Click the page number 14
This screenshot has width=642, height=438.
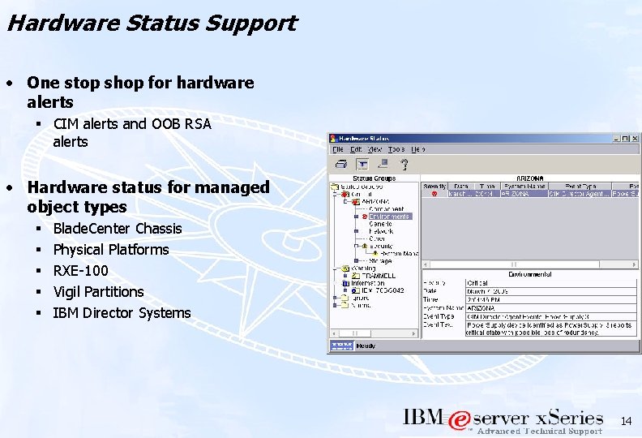tap(625, 421)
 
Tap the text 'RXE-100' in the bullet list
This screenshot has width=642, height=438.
tap(80, 270)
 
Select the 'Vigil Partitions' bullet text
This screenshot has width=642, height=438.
tap(98, 291)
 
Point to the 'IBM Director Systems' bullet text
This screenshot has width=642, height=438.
tap(122, 312)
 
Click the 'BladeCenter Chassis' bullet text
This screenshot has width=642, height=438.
tap(117, 228)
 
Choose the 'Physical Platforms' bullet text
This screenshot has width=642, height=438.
tap(110, 249)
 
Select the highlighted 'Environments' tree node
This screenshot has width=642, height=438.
tap(390, 217)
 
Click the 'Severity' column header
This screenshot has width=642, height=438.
tap(434, 186)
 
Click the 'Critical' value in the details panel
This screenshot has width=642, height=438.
tap(477, 282)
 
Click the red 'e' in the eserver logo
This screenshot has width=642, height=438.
tap(459, 420)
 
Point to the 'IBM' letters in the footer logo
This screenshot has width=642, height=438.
tap(424, 418)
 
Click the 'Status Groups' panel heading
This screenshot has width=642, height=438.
tap(374, 178)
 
